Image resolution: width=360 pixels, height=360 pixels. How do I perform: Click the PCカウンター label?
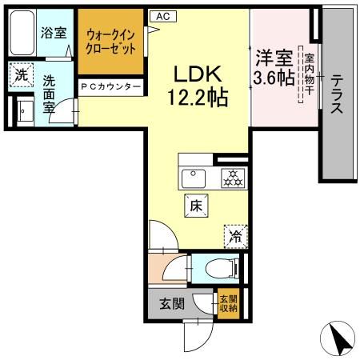(x=111, y=86)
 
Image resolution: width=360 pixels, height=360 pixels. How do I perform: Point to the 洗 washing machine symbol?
(x=20, y=77)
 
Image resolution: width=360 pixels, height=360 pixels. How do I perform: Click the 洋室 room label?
(x=273, y=58)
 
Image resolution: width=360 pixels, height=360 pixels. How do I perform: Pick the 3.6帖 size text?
(x=273, y=78)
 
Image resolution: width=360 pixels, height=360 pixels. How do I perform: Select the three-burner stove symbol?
(x=231, y=177)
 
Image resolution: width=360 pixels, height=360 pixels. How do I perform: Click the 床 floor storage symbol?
(x=196, y=206)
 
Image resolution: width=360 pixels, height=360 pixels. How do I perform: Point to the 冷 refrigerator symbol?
(x=234, y=235)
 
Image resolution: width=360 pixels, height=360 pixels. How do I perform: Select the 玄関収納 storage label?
(x=227, y=305)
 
